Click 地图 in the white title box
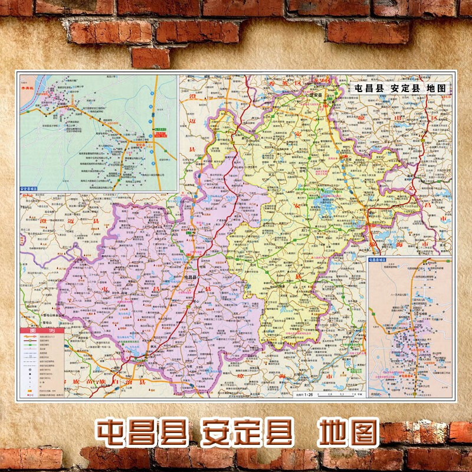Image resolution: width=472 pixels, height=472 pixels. click(435, 87)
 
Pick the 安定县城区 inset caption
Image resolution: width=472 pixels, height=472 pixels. click(32, 188)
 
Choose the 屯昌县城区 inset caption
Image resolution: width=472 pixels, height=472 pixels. click(378, 260)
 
